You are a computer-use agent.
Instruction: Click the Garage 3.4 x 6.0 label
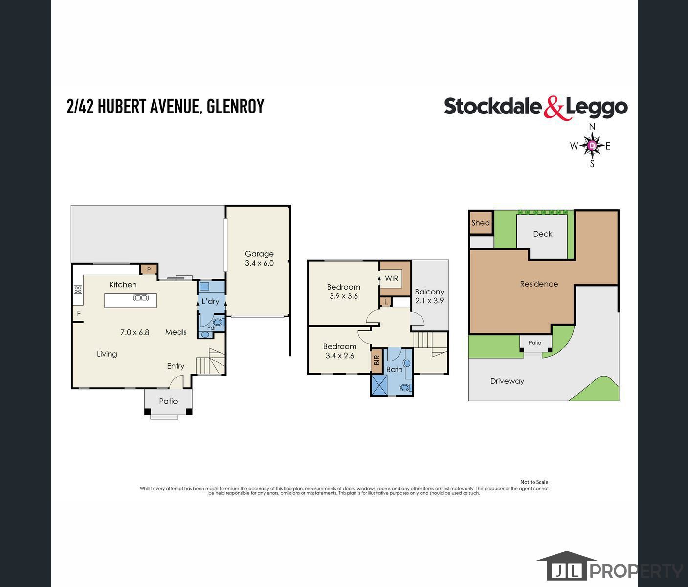click(x=259, y=258)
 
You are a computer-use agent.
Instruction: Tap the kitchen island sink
click(x=141, y=298)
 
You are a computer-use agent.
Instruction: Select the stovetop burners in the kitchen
click(x=78, y=289)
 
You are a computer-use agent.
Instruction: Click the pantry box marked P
click(x=149, y=270)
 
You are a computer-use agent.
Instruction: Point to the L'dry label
click(x=210, y=301)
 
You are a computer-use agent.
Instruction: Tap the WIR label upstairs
click(x=391, y=278)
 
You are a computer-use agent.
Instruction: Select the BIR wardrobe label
click(x=377, y=360)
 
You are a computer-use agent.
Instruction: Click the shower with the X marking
click(x=379, y=385)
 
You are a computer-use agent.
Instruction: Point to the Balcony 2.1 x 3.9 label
click(x=429, y=296)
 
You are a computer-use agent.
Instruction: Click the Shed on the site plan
click(x=481, y=223)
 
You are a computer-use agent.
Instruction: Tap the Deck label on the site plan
click(x=543, y=234)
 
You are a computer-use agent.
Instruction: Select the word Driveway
click(x=507, y=381)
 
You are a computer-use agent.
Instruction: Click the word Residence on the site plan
click(x=539, y=284)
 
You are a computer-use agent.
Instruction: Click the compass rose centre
click(x=592, y=145)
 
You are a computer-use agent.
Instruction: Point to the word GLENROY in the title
click(x=235, y=107)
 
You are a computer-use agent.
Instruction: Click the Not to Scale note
click(x=534, y=482)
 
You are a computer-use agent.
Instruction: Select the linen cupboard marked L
click(x=385, y=302)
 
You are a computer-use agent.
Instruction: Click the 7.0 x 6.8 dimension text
click(x=135, y=332)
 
